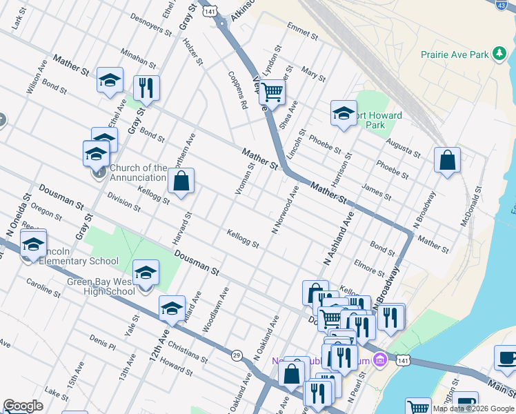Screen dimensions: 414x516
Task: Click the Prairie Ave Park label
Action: (455, 54)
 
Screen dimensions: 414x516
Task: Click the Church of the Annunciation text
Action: (138, 172)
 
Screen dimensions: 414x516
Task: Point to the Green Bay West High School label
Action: (101, 286)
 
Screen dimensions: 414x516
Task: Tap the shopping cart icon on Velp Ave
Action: (272, 91)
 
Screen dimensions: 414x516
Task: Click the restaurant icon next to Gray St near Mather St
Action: (146, 87)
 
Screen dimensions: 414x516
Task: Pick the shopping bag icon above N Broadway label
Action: (447, 160)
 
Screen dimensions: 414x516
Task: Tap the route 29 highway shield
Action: (237, 354)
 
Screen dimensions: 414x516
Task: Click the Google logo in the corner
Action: (22, 406)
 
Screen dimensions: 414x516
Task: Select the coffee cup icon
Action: (507, 358)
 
